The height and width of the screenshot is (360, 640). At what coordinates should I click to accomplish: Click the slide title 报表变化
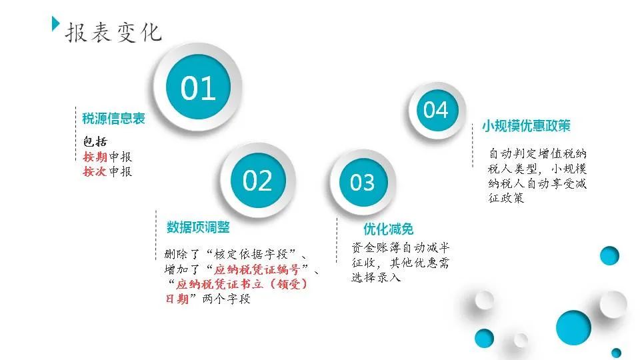click(113, 32)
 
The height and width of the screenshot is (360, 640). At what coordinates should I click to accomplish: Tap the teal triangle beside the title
click(56, 24)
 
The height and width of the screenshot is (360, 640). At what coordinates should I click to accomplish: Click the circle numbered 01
click(198, 87)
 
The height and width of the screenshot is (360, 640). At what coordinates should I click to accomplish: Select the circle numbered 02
click(258, 180)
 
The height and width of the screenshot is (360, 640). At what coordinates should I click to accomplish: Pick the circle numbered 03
click(363, 182)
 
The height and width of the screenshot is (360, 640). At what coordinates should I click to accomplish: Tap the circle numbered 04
click(436, 110)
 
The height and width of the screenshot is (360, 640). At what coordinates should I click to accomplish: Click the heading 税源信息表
click(113, 119)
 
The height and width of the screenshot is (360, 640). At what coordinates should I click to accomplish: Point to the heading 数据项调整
click(198, 227)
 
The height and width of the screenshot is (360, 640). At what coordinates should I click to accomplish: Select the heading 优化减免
click(388, 229)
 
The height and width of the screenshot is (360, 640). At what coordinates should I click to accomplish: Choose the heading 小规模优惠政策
click(526, 125)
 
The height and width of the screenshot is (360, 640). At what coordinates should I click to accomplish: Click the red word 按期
click(95, 157)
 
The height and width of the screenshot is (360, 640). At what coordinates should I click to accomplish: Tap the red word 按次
click(95, 171)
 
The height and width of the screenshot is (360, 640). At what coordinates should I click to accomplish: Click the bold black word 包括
click(95, 141)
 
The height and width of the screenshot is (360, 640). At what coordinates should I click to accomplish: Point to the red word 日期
click(177, 299)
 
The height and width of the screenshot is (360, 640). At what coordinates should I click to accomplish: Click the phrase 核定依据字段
click(251, 254)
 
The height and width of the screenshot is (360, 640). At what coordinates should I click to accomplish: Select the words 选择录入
click(376, 277)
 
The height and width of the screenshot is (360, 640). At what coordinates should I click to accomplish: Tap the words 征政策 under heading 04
click(506, 199)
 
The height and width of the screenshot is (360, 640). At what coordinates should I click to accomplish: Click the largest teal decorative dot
click(573, 327)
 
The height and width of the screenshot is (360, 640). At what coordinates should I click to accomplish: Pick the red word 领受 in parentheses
click(289, 284)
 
